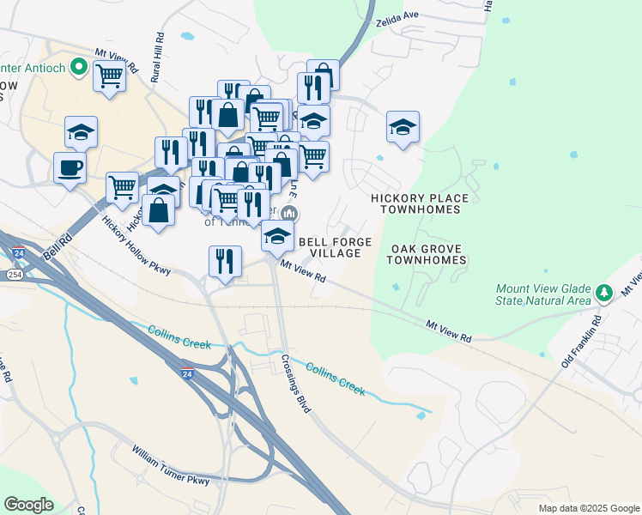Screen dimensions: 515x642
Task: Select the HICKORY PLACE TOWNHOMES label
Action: click(420, 203)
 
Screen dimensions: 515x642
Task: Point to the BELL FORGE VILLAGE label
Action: click(334, 248)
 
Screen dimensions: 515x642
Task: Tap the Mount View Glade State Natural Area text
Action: click(543, 295)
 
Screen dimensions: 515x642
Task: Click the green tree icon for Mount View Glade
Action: click(604, 294)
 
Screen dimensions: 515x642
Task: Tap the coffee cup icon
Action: click(70, 167)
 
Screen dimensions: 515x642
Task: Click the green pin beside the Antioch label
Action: click(80, 64)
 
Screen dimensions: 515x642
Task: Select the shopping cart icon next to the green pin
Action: click(110, 76)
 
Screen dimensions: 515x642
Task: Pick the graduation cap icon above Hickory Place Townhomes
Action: click(403, 127)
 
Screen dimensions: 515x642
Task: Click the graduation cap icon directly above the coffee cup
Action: click(81, 131)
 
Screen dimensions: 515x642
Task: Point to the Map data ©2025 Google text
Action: click(588, 508)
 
